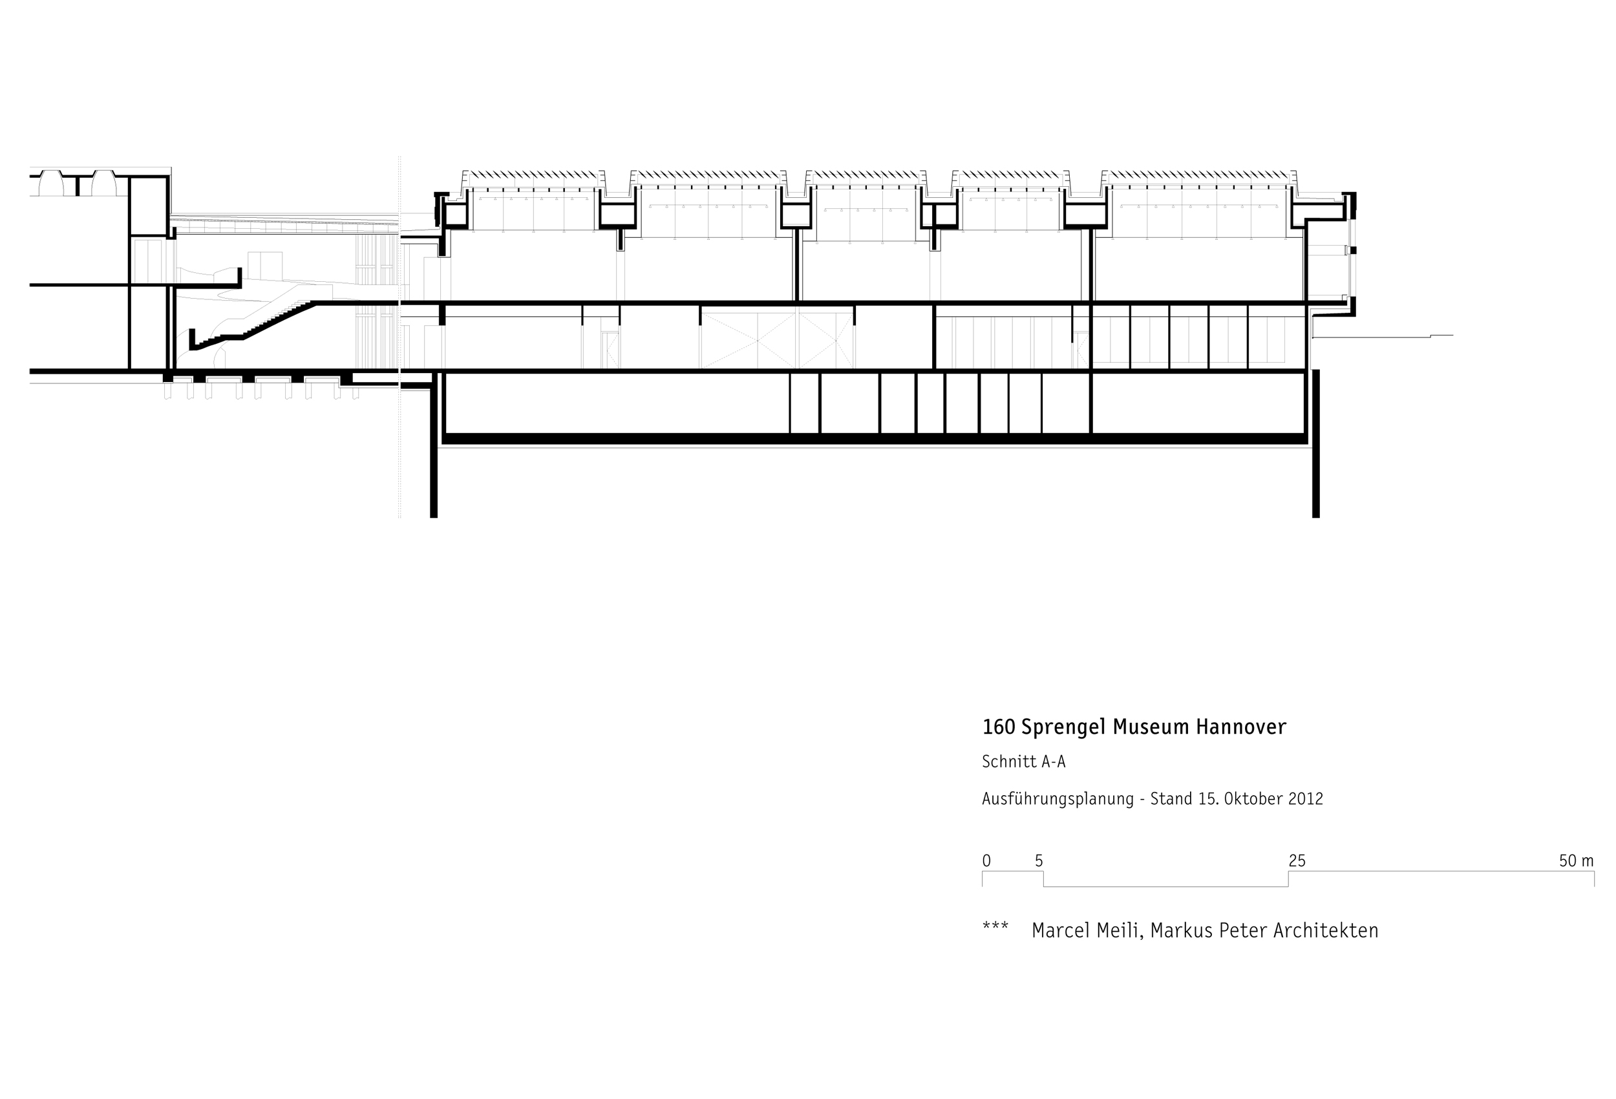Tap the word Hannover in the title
[1240, 727]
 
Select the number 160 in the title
[999, 727]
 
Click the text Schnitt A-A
[1023, 762]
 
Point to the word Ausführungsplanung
[1057, 798]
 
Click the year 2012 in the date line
[1305, 798]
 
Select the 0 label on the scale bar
[986, 861]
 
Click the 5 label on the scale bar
[1039, 861]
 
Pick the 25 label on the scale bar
[1297, 861]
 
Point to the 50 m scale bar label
[1576, 861]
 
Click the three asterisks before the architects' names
[995, 927]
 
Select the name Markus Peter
[1210, 931]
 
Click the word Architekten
[1326, 931]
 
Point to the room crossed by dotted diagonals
[777, 339]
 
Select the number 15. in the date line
[1206, 798]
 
